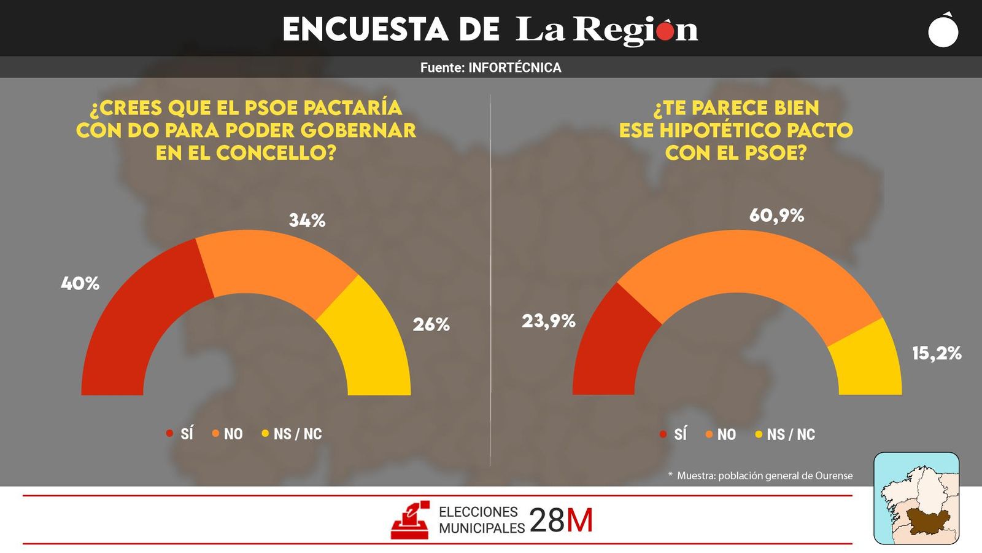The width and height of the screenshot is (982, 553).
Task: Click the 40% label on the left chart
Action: coord(80,283)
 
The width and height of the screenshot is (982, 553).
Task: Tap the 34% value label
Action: coord(307,220)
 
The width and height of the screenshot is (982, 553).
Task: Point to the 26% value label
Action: coord(431,324)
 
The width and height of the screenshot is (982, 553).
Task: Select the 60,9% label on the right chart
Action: coord(776,216)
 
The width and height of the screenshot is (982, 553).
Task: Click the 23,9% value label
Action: coord(549,321)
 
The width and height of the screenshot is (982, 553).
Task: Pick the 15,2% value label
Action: coord(936,353)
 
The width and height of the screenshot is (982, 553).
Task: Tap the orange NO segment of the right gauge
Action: coord(749,261)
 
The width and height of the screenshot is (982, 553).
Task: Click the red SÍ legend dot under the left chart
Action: coord(170,433)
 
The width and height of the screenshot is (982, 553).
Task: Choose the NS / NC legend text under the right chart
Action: coord(791,434)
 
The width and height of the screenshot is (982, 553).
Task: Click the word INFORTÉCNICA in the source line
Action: coord(514,68)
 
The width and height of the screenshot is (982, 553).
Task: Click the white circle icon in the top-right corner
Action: coord(943,31)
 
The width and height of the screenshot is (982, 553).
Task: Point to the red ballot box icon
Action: coord(410,520)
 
